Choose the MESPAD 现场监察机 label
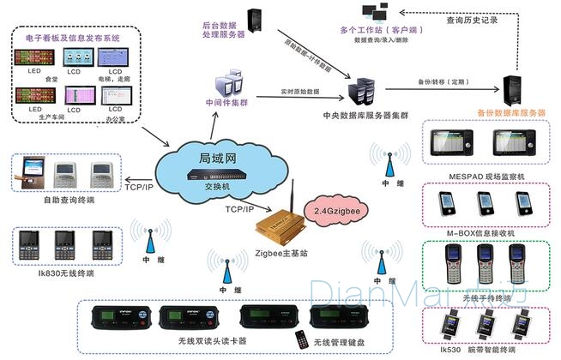tap(486, 175)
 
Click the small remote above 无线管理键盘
tap(301, 338)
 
